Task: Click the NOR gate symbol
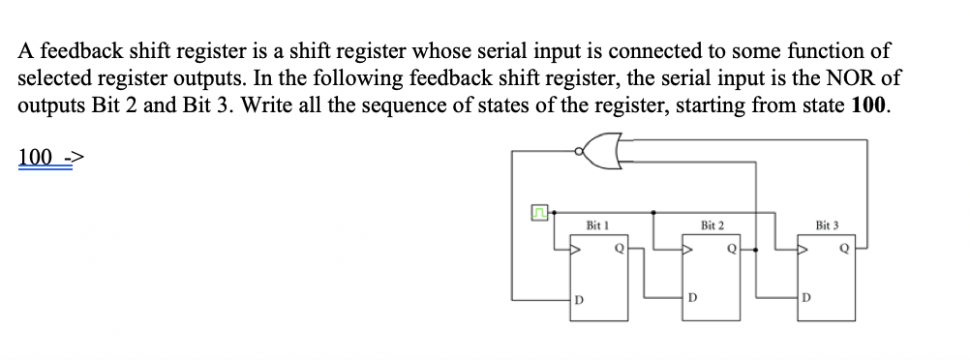click(602, 152)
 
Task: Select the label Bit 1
click(598, 225)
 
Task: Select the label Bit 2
click(712, 225)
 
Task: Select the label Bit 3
click(828, 225)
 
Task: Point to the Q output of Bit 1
click(618, 248)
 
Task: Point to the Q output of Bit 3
click(845, 248)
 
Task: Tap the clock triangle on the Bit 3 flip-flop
click(803, 250)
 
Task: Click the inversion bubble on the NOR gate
click(580, 152)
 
